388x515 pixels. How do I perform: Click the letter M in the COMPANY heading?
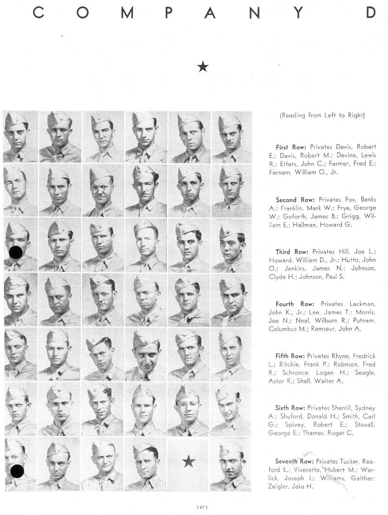(127, 13)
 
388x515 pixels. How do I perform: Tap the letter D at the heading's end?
(371, 13)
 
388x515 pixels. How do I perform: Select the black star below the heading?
(203, 67)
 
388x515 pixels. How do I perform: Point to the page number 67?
(202, 507)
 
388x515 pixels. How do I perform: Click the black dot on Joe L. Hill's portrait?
(16, 251)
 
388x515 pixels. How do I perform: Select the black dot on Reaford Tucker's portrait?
(17, 470)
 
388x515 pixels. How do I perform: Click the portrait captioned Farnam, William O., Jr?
(231, 136)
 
